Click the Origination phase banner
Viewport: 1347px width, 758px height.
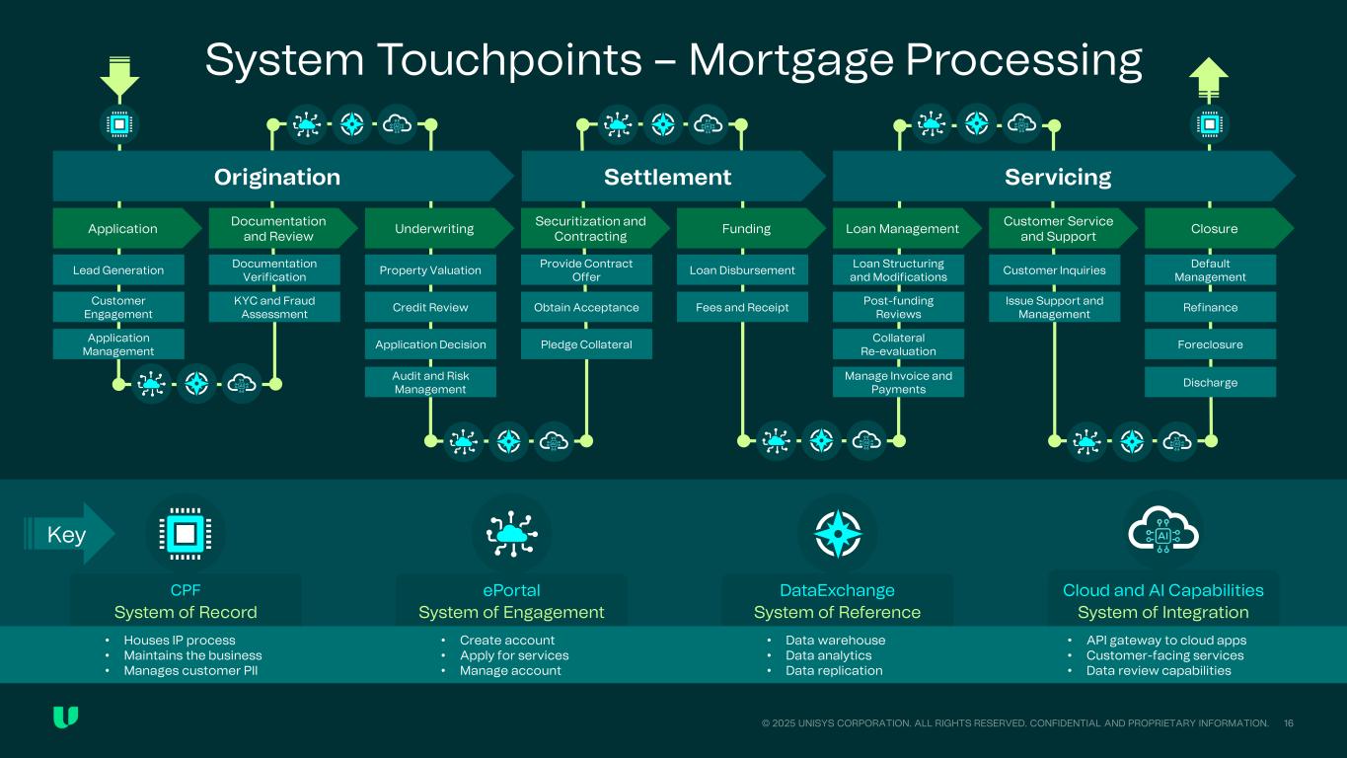coord(277,177)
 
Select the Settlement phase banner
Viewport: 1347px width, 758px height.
coord(668,177)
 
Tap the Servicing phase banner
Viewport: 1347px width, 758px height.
coord(1058,177)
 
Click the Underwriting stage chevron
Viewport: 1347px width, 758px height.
coord(434,228)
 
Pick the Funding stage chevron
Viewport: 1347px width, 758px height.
coord(746,228)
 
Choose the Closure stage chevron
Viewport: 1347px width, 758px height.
coord(1214,228)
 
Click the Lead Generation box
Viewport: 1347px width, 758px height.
coord(118,269)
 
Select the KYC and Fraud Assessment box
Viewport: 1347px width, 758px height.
coord(274,307)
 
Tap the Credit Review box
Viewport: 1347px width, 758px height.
coord(430,307)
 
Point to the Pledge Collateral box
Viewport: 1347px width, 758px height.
coord(586,344)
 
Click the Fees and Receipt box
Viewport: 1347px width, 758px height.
coord(742,307)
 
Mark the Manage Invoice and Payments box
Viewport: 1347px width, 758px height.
coord(898,382)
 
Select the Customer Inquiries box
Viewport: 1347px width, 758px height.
coord(1054,269)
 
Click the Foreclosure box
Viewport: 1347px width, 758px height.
coord(1210,344)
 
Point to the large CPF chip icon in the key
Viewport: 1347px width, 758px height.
coord(185,534)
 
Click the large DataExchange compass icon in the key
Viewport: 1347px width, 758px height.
coord(837,534)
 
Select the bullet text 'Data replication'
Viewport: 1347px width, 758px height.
coord(834,670)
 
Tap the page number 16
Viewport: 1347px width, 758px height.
coord(1289,723)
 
